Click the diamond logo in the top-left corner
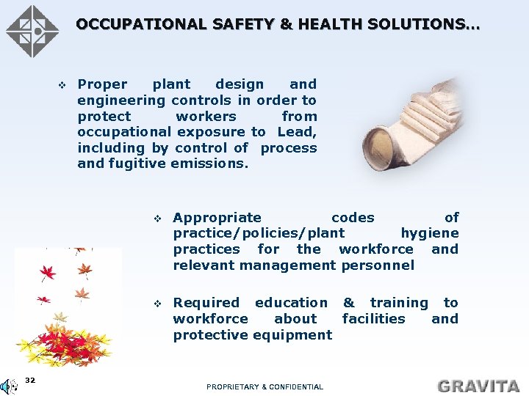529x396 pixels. click(x=32, y=31)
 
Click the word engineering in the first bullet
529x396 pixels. click(x=121, y=100)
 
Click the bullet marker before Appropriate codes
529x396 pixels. click(x=157, y=218)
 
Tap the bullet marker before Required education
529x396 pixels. click(x=157, y=303)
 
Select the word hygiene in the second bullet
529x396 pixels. click(x=429, y=233)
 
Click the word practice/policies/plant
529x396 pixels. click(x=259, y=233)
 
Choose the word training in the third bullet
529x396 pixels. click(x=398, y=302)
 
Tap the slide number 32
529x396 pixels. click(x=30, y=380)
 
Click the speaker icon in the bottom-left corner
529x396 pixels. click(x=10, y=386)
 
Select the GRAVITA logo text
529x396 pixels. click(x=478, y=386)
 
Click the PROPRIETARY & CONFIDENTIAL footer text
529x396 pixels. click(x=264, y=386)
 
